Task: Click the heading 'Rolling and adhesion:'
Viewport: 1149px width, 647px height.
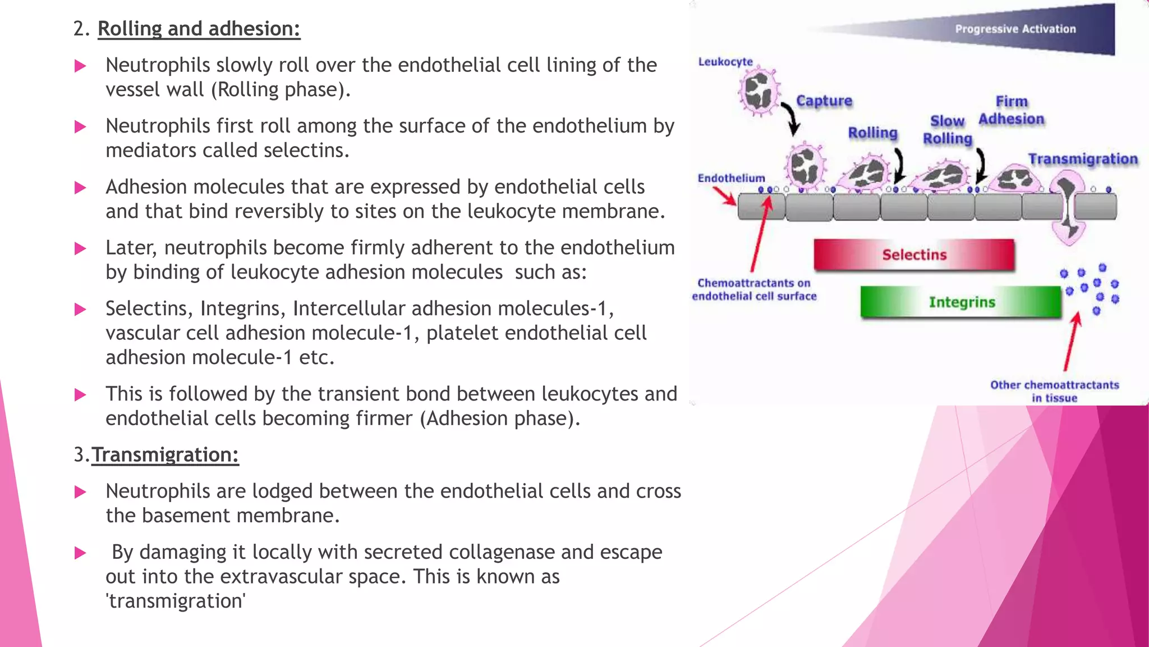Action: (x=199, y=29)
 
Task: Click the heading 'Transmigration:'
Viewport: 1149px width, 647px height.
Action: (x=165, y=454)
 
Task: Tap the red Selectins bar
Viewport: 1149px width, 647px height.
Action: (x=914, y=255)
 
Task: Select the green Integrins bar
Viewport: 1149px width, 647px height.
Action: (x=961, y=302)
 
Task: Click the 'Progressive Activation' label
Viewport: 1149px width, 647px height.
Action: (x=1015, y=29)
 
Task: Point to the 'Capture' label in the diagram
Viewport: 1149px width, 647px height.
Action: (x=824, y=101)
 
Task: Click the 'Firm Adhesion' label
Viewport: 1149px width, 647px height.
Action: (x=1012, y=111)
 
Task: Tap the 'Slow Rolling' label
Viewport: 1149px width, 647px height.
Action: (x=948, y=130)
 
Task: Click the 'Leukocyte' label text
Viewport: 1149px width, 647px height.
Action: (x=725, y=62)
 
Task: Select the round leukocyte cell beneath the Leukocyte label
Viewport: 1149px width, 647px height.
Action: (x=759, y=92)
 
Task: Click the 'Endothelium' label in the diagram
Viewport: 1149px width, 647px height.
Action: (x=731, y=178)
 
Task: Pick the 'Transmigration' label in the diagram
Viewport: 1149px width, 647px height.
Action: (x=1082, y=160)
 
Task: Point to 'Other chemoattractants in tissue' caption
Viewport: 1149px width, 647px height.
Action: (x=1054, y=391)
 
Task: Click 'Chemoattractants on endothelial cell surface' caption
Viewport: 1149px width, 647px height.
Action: (x=754, y=290)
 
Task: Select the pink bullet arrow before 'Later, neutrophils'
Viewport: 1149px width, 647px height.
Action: (x=80, y=249)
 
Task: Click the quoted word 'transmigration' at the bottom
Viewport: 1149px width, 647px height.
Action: (x=176, y=601)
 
